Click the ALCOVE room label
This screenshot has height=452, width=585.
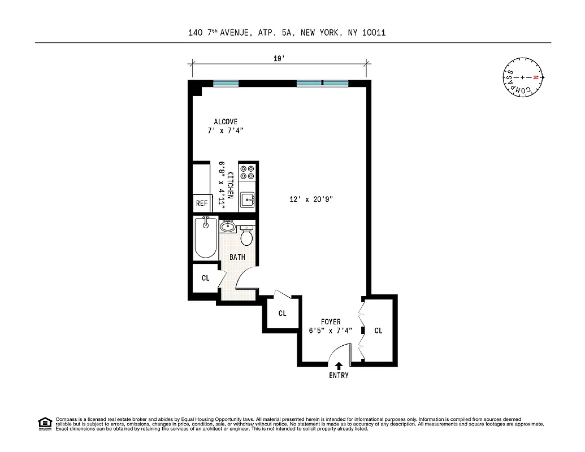tap(226, 121)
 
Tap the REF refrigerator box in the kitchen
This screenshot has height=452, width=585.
tap(202, 203)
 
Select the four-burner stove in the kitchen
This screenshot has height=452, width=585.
tap(248, 172)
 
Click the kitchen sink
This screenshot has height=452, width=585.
tap(248, 200)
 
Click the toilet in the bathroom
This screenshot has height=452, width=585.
tap(246, 236)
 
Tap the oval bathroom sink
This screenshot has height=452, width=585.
tap(228, 227)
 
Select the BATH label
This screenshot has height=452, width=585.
tap(237, 258)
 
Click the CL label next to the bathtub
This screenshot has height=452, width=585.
tap(205, 278)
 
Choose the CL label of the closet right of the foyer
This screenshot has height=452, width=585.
tap(378, 331)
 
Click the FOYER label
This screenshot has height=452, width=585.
tap(331, 322)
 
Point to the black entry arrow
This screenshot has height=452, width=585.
tap(339, 367)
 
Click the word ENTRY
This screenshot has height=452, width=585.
tap(339, 376)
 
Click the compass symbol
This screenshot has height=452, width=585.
tap(524, 77)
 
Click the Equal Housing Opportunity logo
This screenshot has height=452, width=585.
tap(45, 423)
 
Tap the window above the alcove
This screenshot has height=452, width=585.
tap(226, 84)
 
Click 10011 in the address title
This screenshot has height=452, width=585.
tap(373, 33)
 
